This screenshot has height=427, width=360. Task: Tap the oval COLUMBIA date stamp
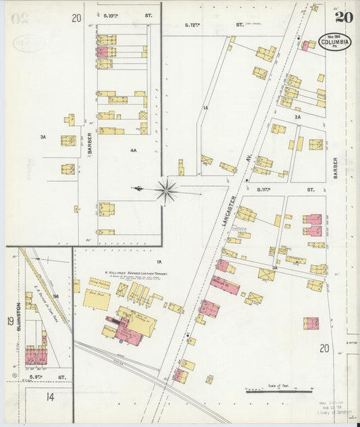pos(336,43)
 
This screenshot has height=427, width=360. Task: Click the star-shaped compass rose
pos(166,190)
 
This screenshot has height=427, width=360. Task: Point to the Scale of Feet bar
pos(278,390)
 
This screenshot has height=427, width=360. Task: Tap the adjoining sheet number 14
pos(50,397)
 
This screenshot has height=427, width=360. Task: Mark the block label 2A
pos(297,117)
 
